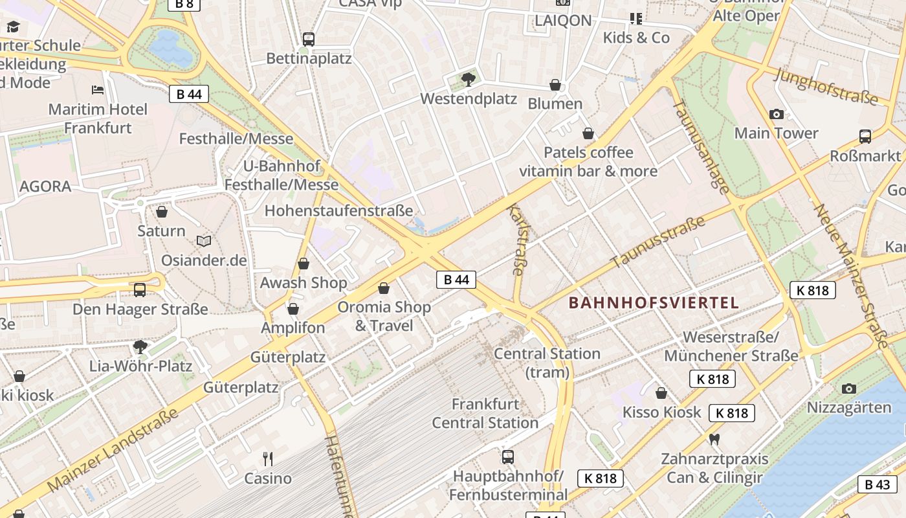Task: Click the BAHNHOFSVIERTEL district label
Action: pyautogui.click(x=654, y=302)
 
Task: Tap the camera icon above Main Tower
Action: pyautogui.click(x=777, y=115)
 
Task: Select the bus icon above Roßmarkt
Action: pyautogui.click(x=865, y=137)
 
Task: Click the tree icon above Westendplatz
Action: pyautogui.click(x=468, y=80)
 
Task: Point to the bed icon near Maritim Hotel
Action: pyautogui.click(x=98, y=90)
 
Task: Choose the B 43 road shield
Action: pyautogui.click(x=878, y=484)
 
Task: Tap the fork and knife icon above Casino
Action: pyautogui.click(x=268, y=459)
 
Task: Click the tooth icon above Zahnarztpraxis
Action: pyautogui.click(x=714, y=439)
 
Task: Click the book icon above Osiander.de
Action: pyautogui.click(x=204, y=241)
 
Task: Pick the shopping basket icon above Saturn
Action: pyautogui.click(x=162, y=212)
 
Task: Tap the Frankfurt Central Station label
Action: pyautogui.click(x=485, y=413)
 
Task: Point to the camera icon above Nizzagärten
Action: pyautogui.click(x=849, y=388)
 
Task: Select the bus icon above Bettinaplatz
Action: pyautogui.click(x=309, y=39)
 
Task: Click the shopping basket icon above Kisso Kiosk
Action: pyautogui.click(x=661, y=393)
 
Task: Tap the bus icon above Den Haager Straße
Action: pyautogui.click(x=140, y=289)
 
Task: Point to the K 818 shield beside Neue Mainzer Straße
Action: pyautogui.click(x=813, y=290)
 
